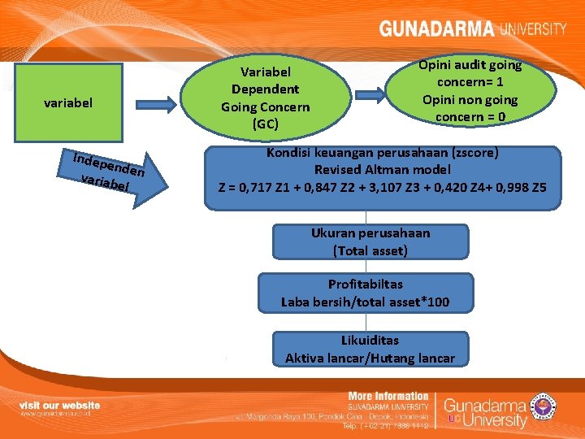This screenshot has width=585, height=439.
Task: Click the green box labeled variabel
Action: [x=69, y=103]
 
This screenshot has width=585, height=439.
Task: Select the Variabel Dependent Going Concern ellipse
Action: [x=265, y=98]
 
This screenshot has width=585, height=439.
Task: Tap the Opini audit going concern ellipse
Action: [x=470, y=90]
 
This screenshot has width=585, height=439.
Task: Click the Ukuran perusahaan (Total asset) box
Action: [x=370, y=241]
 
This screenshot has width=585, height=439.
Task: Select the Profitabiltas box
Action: [x=365, y=293]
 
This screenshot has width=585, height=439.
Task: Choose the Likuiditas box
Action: [x=370, y=350]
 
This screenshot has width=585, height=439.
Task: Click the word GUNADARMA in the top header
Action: [x=436, y=29]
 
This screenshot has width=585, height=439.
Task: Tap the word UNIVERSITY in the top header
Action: [x=533, y=29]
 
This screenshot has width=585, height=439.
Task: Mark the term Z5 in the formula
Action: [x=538, y=187]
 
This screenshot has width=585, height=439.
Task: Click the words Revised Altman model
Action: [x=382, y=169]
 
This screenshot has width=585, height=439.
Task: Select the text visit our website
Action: [x=60, y=404]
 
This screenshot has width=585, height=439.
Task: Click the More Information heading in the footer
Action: [x=388, y=396]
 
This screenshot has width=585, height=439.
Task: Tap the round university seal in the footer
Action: [x=541, y=403]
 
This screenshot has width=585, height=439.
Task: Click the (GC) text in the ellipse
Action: [x=265, y=124]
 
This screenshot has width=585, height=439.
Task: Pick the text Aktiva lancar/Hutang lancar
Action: [x=370, y=359]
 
